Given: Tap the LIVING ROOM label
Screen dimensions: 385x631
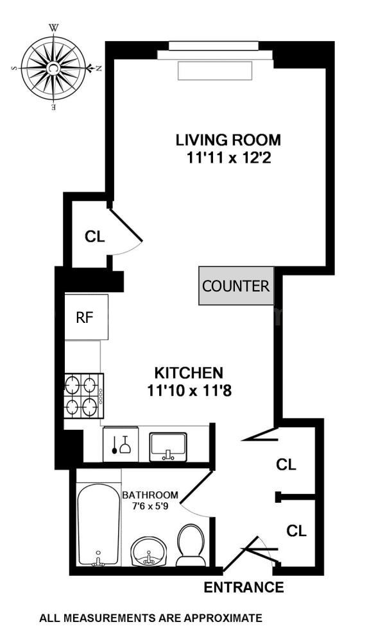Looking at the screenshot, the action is (x=229, y=139).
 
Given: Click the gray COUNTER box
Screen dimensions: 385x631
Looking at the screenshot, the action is (x=235, y=286).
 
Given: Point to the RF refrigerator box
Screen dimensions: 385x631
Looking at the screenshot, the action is (x=85, y=317).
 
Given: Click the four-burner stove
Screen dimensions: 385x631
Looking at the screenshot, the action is (x=83, y=396).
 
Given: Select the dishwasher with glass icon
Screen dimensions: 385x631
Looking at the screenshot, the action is (x=121, y=443).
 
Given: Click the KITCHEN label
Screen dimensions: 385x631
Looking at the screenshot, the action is (x=189, y=372).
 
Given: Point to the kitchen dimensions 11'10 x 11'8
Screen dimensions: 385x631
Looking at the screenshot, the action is (x=189, y=389).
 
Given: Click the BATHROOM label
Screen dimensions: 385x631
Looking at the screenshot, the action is (x=150, y=495).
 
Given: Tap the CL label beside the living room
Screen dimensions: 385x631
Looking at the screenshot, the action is (x=94, y=236).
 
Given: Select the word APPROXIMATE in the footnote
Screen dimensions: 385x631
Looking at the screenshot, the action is (x=223, y=618).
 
